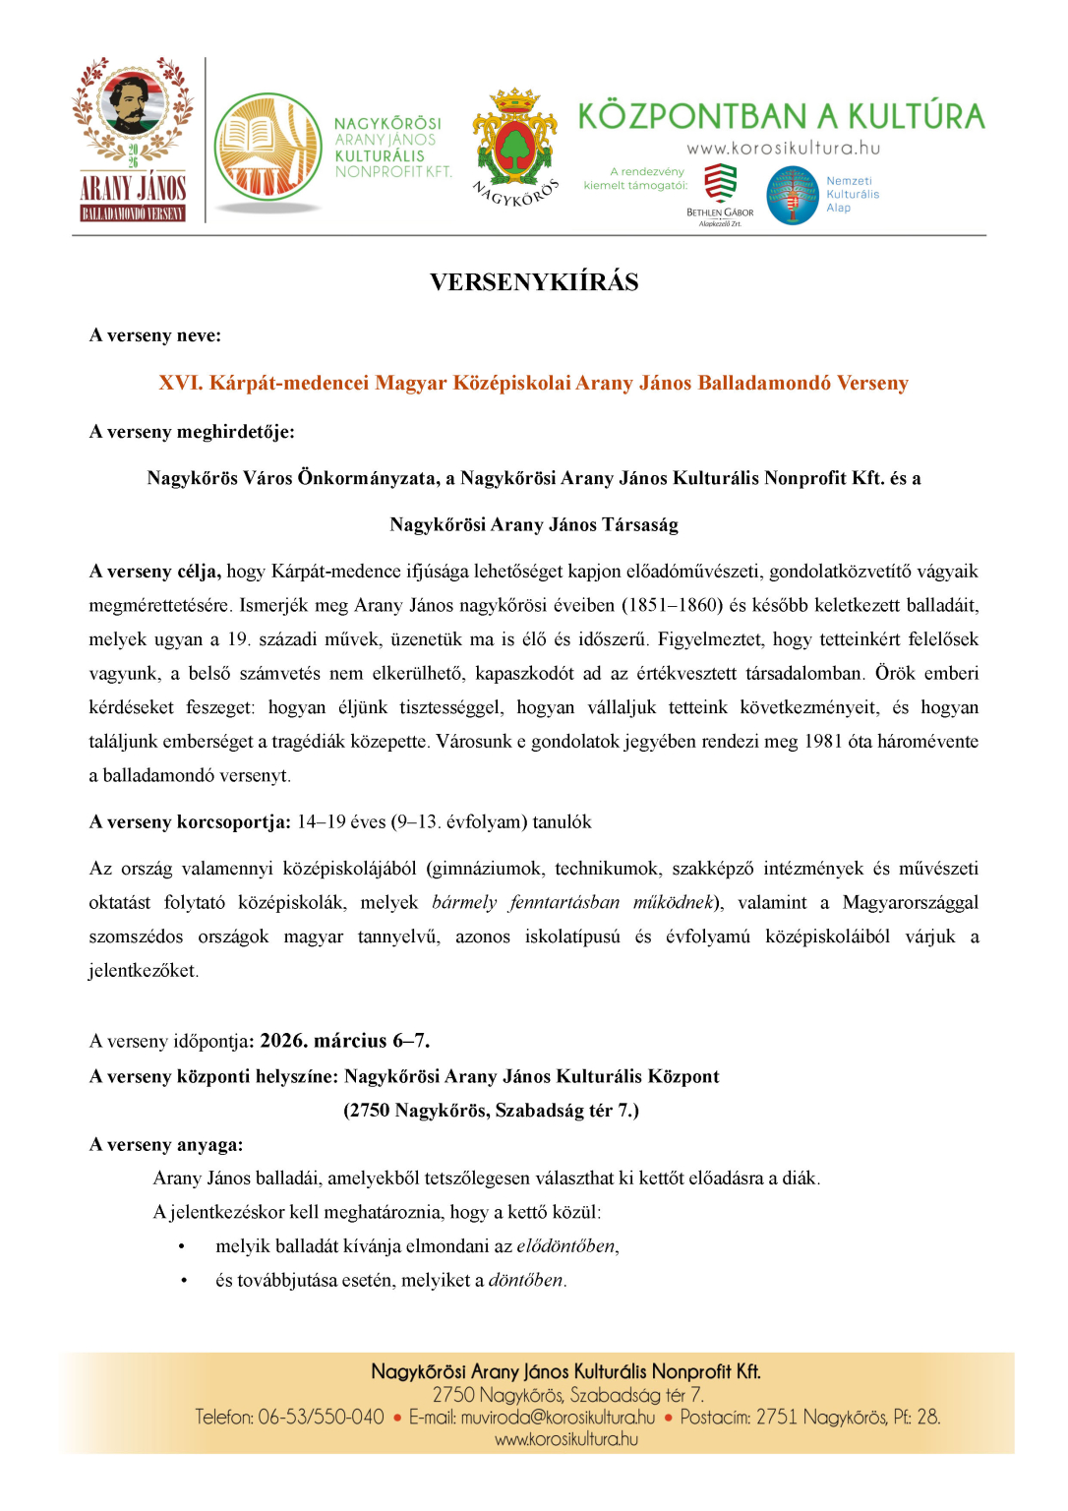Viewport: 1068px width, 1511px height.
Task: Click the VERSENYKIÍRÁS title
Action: [533, 282]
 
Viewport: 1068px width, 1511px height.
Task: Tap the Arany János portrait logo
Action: [133, 139]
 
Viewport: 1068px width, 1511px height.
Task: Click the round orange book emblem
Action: [267, 148]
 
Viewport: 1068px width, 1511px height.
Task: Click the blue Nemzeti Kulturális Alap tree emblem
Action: [793, 195]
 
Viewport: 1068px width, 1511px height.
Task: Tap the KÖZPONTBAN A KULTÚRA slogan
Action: [781, 116]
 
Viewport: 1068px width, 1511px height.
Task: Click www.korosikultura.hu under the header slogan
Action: [783, 149]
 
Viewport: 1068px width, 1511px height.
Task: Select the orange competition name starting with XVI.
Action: [533, 383]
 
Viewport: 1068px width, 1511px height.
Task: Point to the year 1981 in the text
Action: [823, 742]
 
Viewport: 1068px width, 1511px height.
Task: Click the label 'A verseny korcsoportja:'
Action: [190, 822]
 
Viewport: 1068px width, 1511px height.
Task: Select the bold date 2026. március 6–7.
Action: [344, 1041]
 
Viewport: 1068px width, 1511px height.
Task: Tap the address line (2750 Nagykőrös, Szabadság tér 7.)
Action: [491, 1111]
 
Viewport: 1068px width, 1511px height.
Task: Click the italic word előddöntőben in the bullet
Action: [566, 1246]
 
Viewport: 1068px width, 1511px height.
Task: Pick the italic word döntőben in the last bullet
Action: [526, 1281]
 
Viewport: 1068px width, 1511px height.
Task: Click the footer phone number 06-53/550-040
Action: [321, 1418]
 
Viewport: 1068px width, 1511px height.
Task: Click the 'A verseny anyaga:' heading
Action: [166, 1145]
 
